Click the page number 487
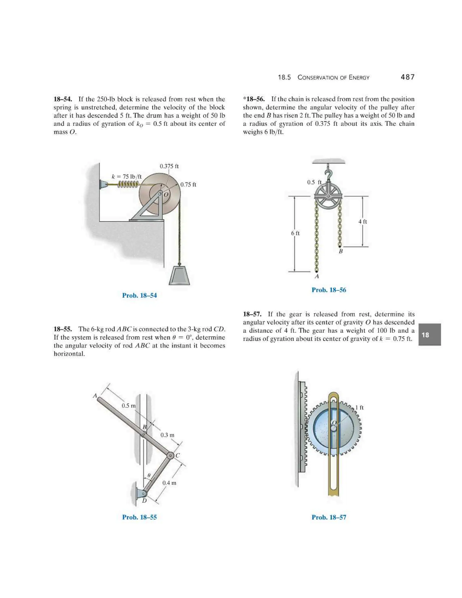click(x=408, y=77)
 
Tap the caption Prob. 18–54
click(x=139, y=295)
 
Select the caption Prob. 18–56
click(x=329, y=290)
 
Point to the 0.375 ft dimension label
click(x=169, y=166)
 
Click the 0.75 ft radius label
click(x=188, y=185)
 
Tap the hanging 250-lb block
click(x=179, y=275)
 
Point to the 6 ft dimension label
click(x=295, y=233)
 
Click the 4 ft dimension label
click(x=363, y=222)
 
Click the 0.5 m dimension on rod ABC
click(x=129, y=406)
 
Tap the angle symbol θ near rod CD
click(x=149, y=475)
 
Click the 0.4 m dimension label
click(x=169, y=483)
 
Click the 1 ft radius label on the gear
click(x=359, y=407)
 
